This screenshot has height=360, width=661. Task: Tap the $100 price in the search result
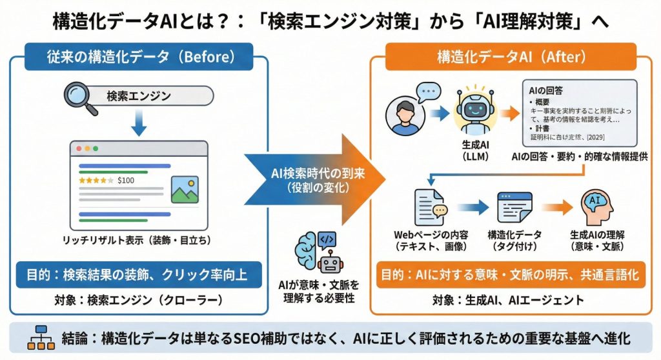(x=126, y=180)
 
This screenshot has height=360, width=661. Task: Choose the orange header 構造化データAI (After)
(x=511, y=57)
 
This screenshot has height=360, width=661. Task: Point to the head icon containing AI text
(x=597, y=207)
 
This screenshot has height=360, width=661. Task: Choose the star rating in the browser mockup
(x=96, y=180)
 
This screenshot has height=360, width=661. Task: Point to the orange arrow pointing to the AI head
(x=557, y=208)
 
